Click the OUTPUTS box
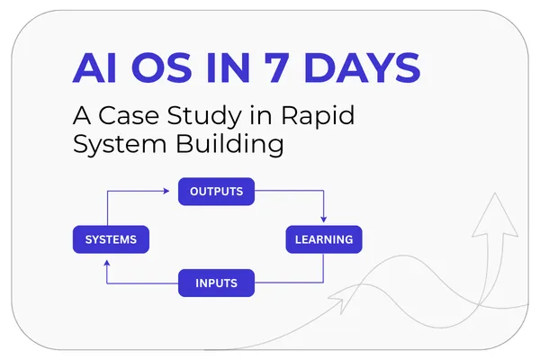coord(216,192)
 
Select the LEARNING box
coord(324,239)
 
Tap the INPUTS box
coord(216,283)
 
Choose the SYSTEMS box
coord(111,239)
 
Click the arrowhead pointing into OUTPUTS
coord(166,191)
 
